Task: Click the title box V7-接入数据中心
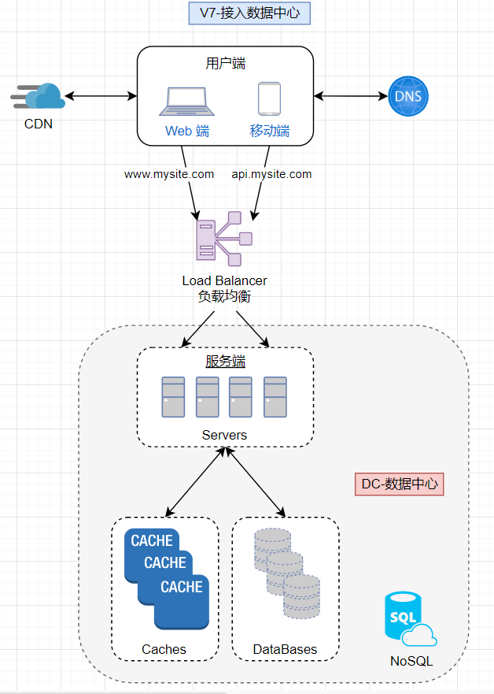point(249,13)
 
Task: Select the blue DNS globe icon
point(407,97)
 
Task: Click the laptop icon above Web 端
point(186,101)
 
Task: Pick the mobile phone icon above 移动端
point(269,101)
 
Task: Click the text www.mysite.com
point(169,174)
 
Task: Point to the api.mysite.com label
point(271,174)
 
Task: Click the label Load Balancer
point(224,280)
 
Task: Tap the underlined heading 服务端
point(225,362)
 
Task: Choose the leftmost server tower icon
point(173,397)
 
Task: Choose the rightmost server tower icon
point(275,397)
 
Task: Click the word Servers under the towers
point(224,435)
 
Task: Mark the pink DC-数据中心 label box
point(400,484)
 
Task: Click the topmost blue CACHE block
point(152,540)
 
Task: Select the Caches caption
point(164,649)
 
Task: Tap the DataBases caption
point(285,649)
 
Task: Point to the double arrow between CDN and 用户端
point(101,96)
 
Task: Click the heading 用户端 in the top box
point(225,64)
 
